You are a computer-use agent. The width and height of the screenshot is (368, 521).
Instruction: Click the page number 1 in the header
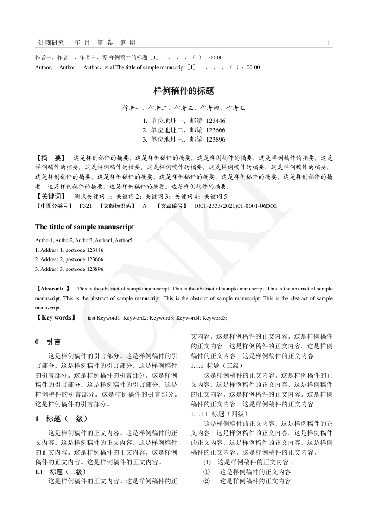[328, 43]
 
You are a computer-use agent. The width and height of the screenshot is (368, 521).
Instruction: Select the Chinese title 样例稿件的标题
[184, 91]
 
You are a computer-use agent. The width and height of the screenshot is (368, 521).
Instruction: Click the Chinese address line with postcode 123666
[184, 130]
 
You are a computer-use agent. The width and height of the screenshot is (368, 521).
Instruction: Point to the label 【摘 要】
[51, 158]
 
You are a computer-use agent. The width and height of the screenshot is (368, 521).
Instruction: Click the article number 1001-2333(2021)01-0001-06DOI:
[235, 206]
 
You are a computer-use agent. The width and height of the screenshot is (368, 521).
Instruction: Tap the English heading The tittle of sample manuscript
[85, 227]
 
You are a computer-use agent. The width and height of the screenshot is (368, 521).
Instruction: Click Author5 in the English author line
[124, 241]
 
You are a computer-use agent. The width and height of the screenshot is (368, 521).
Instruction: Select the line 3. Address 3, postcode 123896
[69, 269]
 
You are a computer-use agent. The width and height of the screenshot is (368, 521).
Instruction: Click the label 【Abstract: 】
[53, 289]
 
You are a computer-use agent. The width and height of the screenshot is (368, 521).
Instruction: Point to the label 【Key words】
[55, 318]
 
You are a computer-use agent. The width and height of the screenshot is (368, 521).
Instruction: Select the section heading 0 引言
[48, 342]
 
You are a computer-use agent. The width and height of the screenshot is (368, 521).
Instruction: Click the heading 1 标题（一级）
[61, 419]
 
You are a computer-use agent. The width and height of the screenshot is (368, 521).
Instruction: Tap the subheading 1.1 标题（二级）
[61, 472]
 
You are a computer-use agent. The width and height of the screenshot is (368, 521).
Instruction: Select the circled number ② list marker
[207, 481]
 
